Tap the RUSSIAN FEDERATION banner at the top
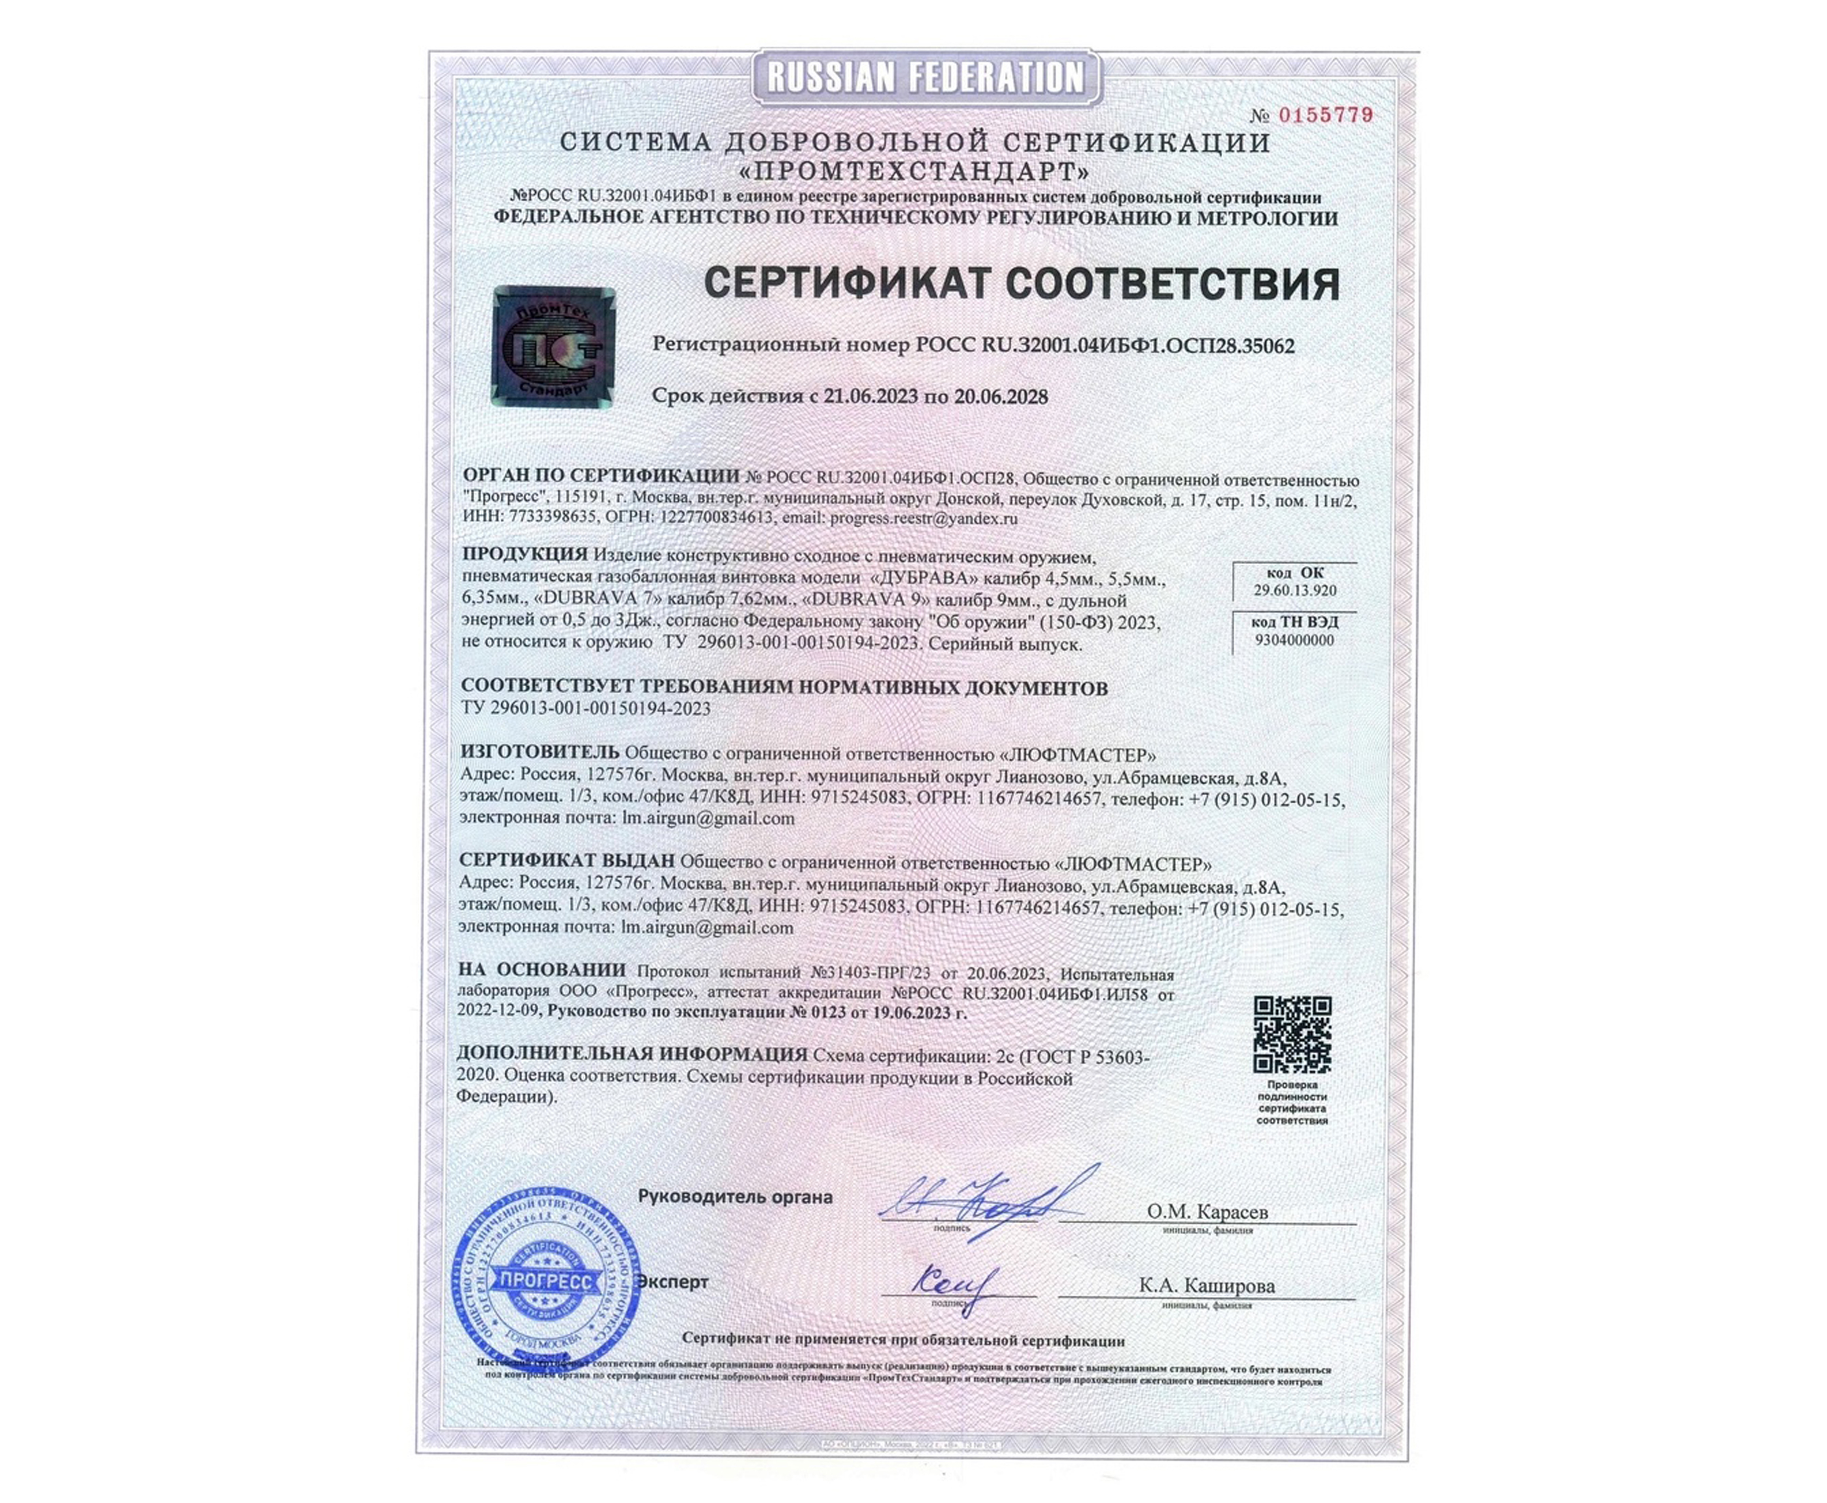pos(924,78)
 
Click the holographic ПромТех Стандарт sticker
pos(553,346)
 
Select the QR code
pos(1292,1035)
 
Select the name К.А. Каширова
pos(1207,1286)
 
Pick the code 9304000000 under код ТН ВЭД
pos(1295,641)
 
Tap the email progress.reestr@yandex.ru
pos(923,519)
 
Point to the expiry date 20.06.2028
pos(1000,397)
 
